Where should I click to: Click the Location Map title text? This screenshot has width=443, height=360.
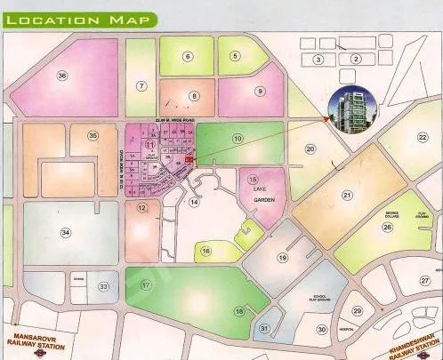click(76, 19)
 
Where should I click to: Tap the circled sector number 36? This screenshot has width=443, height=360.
click(61, 76)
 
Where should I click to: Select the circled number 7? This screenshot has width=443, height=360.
click(141, 85)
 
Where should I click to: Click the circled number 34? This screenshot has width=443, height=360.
click(65, 233)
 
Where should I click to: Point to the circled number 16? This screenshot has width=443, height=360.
click(206, 252)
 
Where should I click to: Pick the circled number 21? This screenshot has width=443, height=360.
click(348, 196)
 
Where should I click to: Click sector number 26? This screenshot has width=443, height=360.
click(387, 226)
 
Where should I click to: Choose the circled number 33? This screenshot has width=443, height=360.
click(104, 286)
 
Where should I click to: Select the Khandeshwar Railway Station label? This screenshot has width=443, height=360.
click(404, 340)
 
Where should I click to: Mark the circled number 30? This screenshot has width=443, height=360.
click(321, 329)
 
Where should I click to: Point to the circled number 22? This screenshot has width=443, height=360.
click(423, 137)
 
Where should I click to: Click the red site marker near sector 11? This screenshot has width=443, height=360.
click(189, 159)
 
